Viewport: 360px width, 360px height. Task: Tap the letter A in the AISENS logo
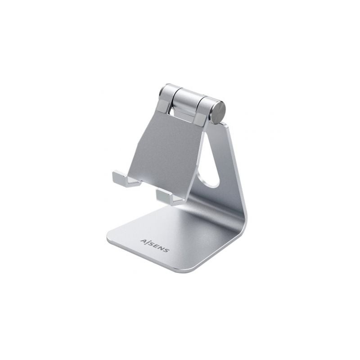[x=142, y=242]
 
